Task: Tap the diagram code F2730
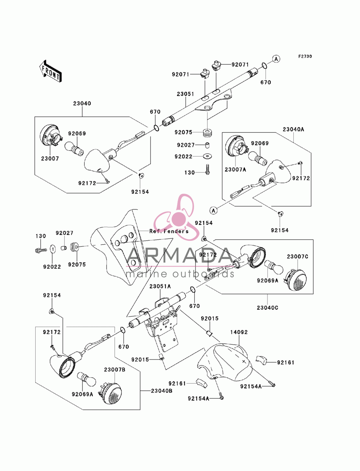305,56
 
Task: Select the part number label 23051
185,94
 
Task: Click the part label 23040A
293,130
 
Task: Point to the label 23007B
114,370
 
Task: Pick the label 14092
239,332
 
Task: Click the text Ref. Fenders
169,231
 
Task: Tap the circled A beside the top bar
276,59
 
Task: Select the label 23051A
160,286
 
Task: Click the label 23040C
267,308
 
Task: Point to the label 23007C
297,257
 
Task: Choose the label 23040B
161,391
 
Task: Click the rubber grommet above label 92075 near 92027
207,133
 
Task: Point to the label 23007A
235,169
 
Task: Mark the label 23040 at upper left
82,103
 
